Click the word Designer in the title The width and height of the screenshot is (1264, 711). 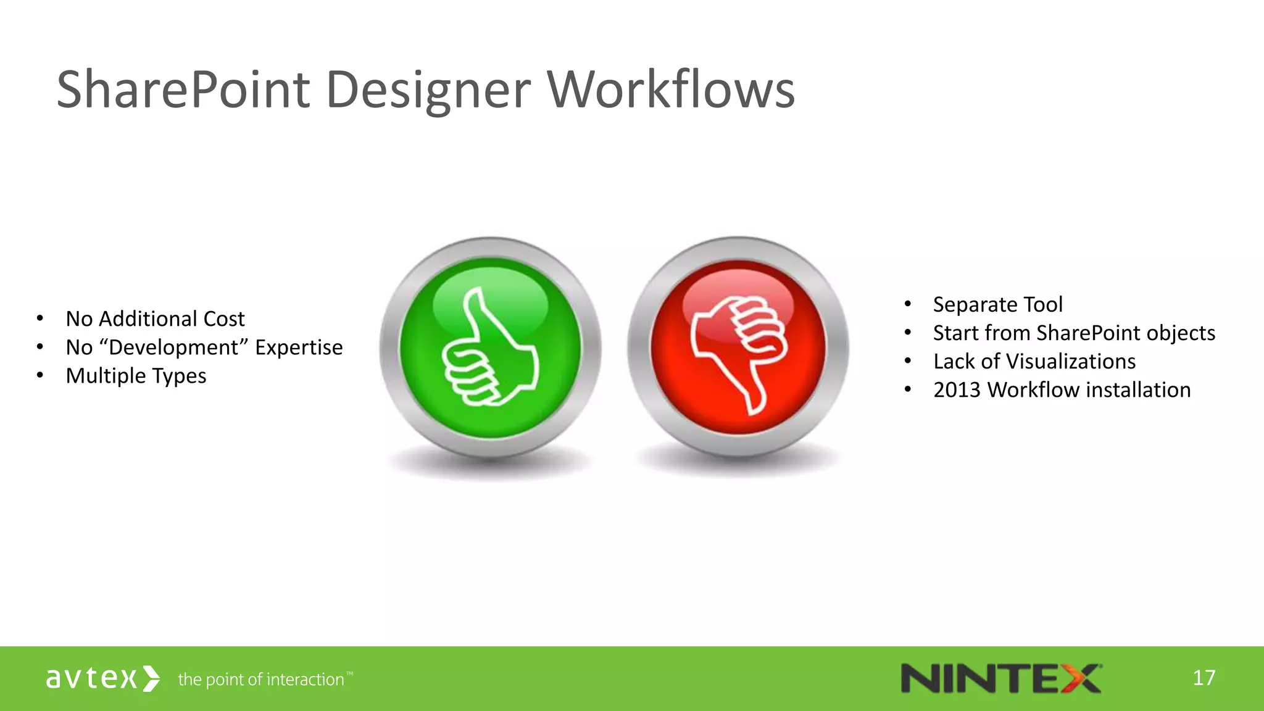(x=428, y=89)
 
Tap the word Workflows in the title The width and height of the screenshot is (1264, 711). (x=671, y=89)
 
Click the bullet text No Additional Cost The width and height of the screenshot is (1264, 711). (x=155, y=318)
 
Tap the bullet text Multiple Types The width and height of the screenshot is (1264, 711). (x=136, y=376)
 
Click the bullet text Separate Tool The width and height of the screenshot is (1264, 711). (x=997, y=304)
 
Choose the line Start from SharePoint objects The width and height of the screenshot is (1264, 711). (x=1073, y=333)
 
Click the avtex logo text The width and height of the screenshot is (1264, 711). (x=91, y=678)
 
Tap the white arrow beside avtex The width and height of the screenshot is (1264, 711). (x=151, y=678)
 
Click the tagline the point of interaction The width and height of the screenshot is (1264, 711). (x=261, y=680)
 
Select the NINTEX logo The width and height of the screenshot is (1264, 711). (x=1000, y=678)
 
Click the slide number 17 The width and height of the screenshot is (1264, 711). (x=1204, y=678)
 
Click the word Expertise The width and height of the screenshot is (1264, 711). (x=299, y=347)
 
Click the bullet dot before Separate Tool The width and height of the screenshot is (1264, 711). (x=907, y=304)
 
